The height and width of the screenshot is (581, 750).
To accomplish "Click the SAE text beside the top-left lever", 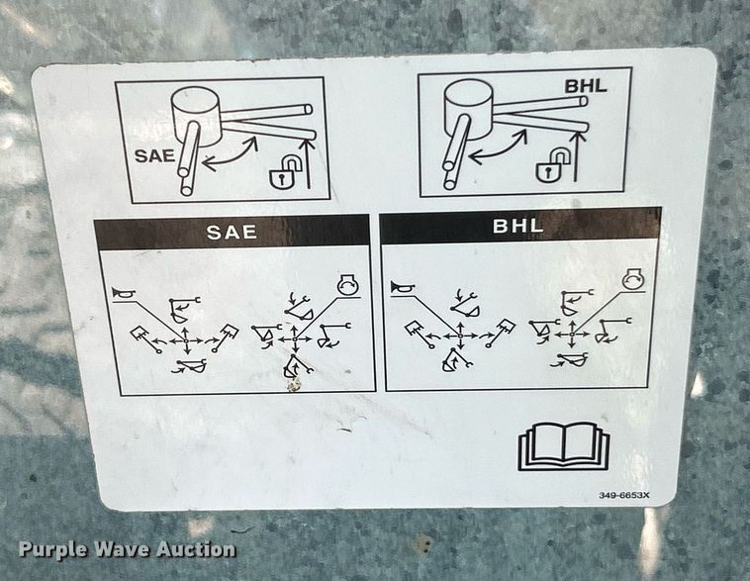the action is click(x=155, y=156).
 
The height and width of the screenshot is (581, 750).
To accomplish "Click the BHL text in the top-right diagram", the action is click(x=586, y=86).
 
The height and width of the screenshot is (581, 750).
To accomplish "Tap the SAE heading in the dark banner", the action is click(x=232, y=233).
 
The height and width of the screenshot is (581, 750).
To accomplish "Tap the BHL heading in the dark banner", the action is click(x=518, y=226).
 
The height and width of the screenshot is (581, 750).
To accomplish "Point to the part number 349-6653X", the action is click(x=624, y=495).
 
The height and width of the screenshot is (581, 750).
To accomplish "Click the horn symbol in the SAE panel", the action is click(x=124, y=294).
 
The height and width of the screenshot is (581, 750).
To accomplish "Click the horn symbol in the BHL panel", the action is click(x=402, y=288).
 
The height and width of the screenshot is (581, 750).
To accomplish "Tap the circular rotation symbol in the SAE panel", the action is click(x=347, y=285).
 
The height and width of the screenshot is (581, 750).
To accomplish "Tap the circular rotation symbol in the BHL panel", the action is click(x=633, y=280).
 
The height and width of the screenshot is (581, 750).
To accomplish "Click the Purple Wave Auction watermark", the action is click(x=128, y=549).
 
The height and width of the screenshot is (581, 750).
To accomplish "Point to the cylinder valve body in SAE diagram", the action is click(x=197, y=116).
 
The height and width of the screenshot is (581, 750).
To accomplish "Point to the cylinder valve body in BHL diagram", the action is click(x=470, y=109).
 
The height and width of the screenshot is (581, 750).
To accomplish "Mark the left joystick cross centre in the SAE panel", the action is click(x=187, y=340).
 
